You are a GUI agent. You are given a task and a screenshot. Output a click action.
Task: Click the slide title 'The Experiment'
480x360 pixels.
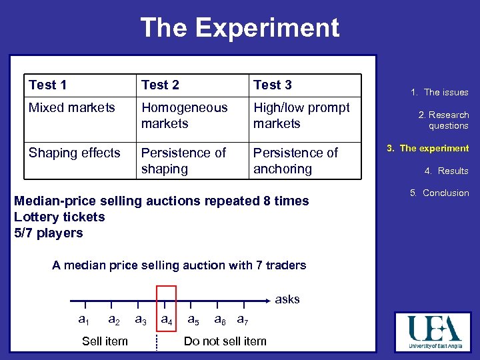pyautogui.click(x=239, y=28)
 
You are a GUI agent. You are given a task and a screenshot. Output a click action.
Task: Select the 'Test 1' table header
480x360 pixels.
pyautogui.click(x=48, y=85)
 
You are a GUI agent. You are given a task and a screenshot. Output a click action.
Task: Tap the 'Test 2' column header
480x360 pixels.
pyautogui.click(x=160, y=85)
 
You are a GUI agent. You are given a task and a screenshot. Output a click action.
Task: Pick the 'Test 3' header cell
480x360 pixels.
pyautogui.click(x=272, y=85)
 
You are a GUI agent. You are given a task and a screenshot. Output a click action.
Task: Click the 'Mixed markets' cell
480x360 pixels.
pyautogui.click(x=71, y=107)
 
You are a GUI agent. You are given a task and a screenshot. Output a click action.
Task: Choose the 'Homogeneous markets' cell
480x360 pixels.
pyautogui.click(x=184, y=115)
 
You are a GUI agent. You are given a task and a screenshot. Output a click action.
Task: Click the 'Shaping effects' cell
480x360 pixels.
pyautogui.click(x=74, y=153)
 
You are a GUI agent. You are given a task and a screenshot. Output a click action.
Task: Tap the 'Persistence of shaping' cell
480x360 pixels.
pyautogui.click(x=183, y=161)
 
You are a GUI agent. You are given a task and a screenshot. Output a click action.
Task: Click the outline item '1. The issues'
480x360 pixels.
pyautogui.click(x=439, y=93)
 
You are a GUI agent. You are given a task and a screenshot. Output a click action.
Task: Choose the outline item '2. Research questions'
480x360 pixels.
pyautogui.click(x=443, y=120)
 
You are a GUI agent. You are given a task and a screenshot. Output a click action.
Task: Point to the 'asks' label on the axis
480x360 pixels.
pyautogui.click(x=287, y=299)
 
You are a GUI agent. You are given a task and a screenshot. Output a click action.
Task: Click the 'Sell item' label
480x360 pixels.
pyautogui.click(x=105, y=341)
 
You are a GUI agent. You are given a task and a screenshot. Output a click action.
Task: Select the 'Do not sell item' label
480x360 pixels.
pyautogui.click(x=225, y=341)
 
